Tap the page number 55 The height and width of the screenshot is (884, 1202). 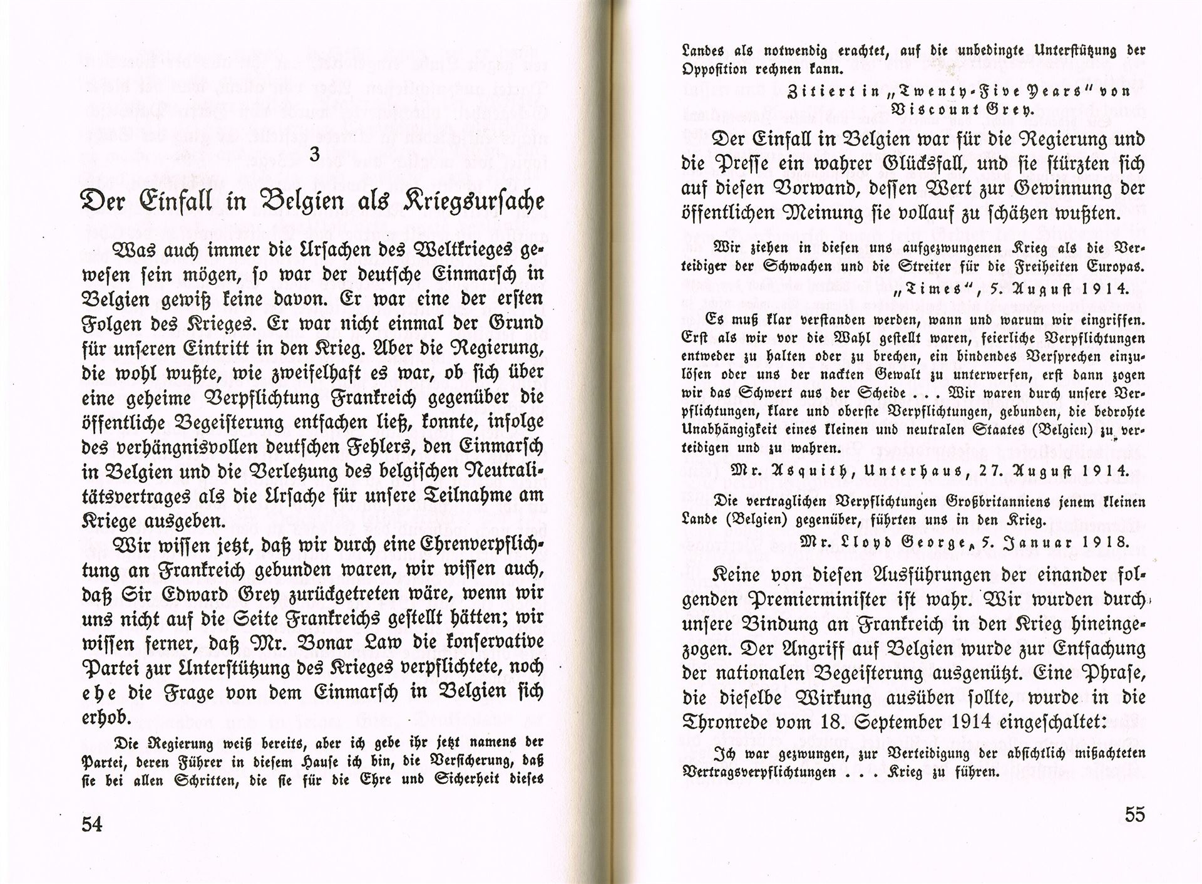1134,814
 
